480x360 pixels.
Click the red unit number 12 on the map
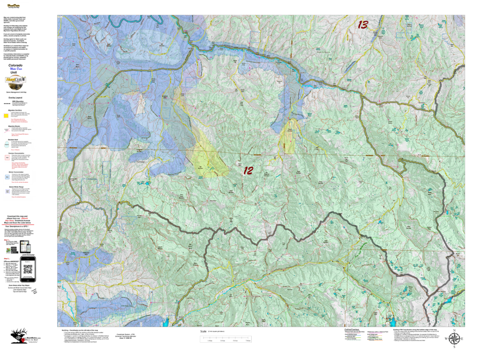tap(248, 171)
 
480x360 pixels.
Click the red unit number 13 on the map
tap(362, 25)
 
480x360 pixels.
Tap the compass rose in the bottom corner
tap(454, 338)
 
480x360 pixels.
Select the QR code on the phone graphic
tap(30, 271)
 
